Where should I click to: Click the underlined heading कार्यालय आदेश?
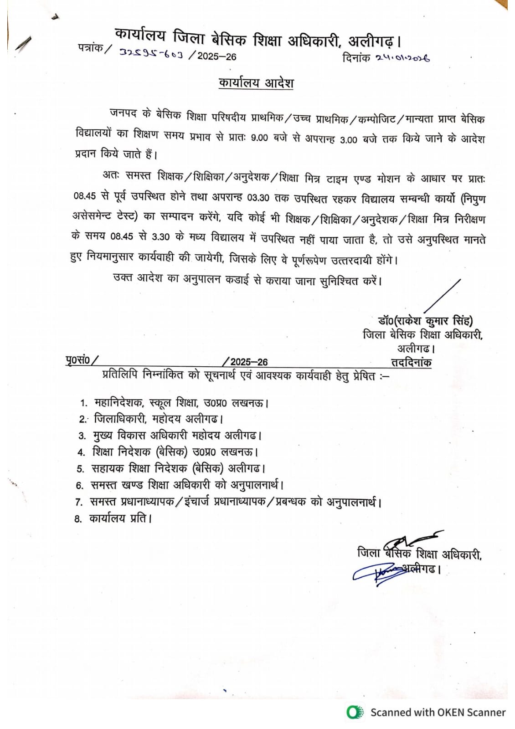pyautogui.click(x=256, y=83)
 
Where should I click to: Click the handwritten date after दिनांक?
pyautogui.click(x=403, y=58)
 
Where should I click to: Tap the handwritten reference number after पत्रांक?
pyautogui.click(x=151, y=54)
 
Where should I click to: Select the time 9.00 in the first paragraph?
pyautogui.click(x=259, y=138)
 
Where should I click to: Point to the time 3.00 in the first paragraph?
pyautogui.click(x=349, y=139)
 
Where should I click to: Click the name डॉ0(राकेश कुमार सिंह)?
pyautogui.click(x=425, y=321)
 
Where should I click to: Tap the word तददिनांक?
pyautogui.click(x=411, y=363)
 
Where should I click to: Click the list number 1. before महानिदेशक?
pyautogui.click(x=84, y=403)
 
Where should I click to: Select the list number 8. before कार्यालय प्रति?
pyautogui.click(x=78, y=519)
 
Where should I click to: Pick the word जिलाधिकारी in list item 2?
pyautogui.click(x=120, y=419)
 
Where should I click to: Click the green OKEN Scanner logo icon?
pyautogui.click(x=355, y=712)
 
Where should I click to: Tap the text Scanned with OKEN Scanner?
pyautogui.click(x=438, y=712)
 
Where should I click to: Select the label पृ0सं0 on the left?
pyautogui.click(x=78, y=360)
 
